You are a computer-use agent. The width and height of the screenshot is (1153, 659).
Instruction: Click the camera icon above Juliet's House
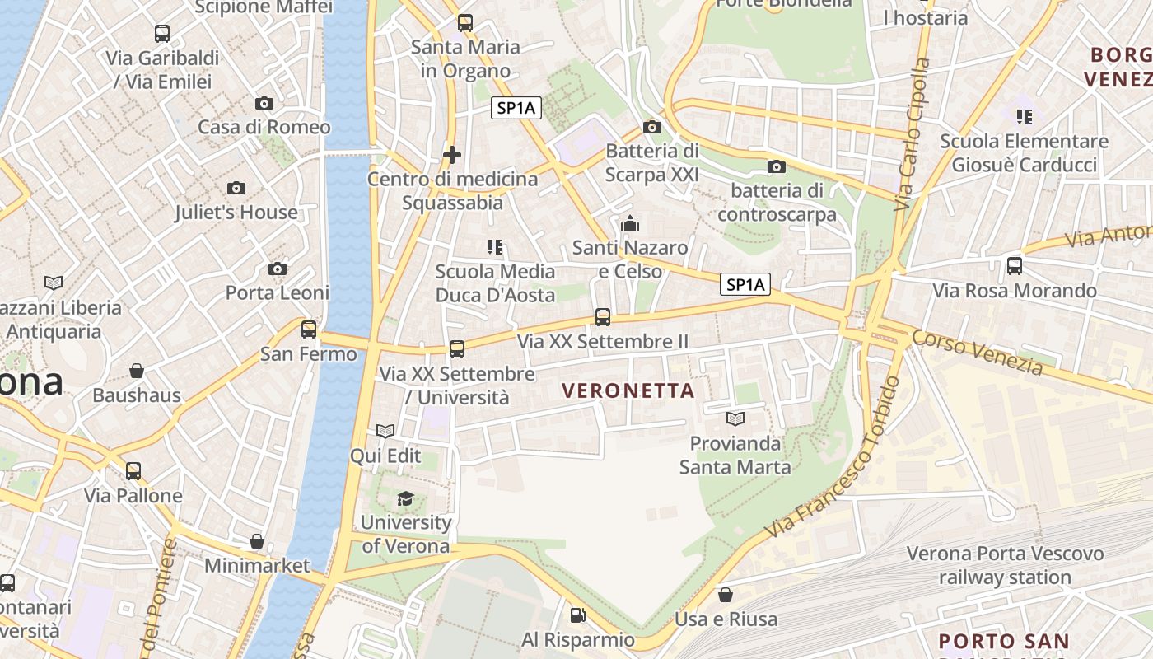point(236,189)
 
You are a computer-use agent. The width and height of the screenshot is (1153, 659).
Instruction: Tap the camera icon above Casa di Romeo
point(264,103)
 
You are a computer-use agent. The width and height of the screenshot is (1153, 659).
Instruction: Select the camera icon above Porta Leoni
point(278,269)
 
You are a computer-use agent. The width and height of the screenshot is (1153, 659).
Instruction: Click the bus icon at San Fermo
point(309,329)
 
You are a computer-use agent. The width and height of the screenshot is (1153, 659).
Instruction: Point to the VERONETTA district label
point(628,391)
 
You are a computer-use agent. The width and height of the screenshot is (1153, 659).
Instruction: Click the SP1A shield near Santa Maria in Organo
point(516,108)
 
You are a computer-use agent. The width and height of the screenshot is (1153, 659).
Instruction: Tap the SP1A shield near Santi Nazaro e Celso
point(745,285)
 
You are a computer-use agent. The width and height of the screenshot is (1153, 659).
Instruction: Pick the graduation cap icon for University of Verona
point(405,498)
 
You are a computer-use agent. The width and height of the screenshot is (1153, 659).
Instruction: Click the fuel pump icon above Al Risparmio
point(578,615)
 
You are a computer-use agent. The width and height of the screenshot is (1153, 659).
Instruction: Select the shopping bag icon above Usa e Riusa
point(726,594)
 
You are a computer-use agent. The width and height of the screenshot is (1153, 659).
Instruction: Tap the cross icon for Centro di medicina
point(452,154)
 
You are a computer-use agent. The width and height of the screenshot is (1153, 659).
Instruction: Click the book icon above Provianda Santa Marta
point(735,418)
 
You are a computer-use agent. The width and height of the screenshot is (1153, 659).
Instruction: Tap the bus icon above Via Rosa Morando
point(1015,266)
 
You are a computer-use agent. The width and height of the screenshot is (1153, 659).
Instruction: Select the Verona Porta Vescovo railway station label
point(1005,565)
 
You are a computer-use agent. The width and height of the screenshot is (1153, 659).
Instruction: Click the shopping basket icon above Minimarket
point(257,541)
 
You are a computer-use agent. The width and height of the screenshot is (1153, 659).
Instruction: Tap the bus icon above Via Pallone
point(133,471)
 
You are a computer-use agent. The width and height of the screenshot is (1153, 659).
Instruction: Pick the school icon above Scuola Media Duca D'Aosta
point(495,246)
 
